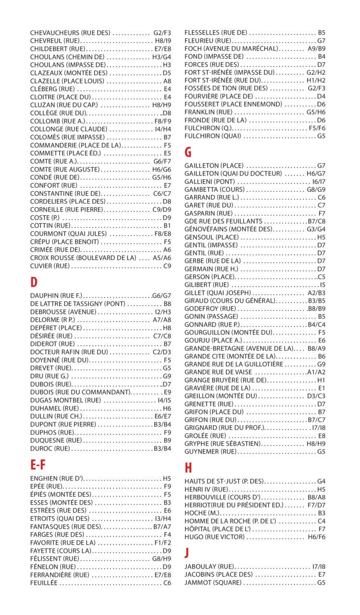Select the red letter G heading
[188, 152]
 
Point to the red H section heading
[188, 467]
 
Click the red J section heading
[187, 553]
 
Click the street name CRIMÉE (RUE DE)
[55, 250]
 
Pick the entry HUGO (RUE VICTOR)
[214, 537]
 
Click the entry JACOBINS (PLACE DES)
[219, 575]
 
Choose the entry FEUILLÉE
[44, 583]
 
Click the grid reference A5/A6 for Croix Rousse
[161, 258]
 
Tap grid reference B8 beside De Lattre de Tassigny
[167, 304]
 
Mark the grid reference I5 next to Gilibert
[322, 285]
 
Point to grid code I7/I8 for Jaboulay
[318, 566]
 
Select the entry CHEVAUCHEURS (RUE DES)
[70, 33]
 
